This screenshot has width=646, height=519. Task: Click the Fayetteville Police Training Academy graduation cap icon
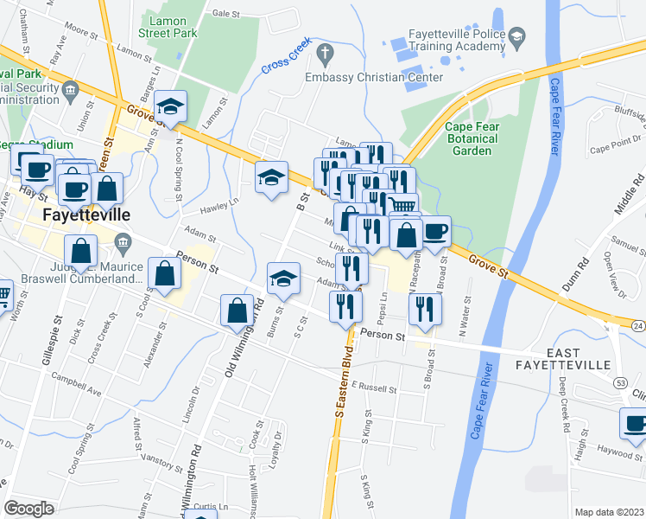516,36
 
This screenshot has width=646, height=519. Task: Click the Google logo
28,509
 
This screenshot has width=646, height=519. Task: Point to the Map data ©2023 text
609,512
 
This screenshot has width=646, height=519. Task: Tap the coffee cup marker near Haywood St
636,425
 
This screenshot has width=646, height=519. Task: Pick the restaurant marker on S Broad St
424,309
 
